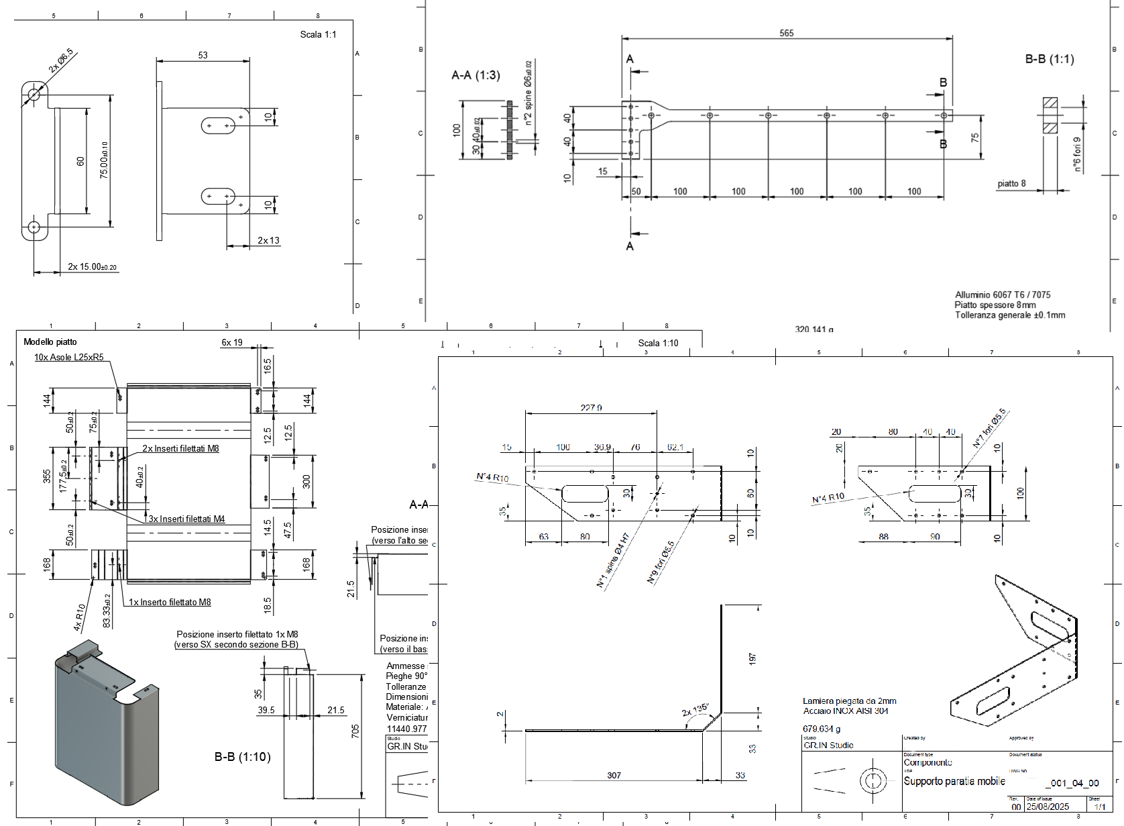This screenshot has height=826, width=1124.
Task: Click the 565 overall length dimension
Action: pos(787,33)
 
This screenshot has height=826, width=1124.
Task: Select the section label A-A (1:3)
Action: pos(475,75)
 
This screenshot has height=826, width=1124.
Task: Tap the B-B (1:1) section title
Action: pos(1049,59)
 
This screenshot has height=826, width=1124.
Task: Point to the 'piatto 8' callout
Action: pos(1011,183)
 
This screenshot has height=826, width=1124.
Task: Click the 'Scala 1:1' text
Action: pos(318,34)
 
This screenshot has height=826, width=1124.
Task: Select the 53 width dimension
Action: pos(203,55)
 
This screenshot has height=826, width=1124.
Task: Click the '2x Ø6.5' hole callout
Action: pos(60,61)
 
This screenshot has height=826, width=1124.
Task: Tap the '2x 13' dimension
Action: pos(268,240)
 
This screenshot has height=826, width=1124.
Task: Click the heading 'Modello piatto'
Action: pos(50,342)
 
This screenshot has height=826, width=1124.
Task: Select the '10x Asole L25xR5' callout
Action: pos(69,357)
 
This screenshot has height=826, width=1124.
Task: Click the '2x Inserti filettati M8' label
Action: pos(180,448)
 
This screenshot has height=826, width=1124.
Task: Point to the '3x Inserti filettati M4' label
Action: pos(186,519)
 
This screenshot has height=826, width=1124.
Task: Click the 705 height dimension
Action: pos(355,730)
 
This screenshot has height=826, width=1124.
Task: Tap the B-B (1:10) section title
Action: pos(242,757)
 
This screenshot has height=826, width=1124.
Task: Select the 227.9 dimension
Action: pos(591,407)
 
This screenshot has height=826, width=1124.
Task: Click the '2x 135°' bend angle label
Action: pos(695,709)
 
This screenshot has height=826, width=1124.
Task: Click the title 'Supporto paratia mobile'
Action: pos(954,781)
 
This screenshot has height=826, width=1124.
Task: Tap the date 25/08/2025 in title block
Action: pos(1048,807)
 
